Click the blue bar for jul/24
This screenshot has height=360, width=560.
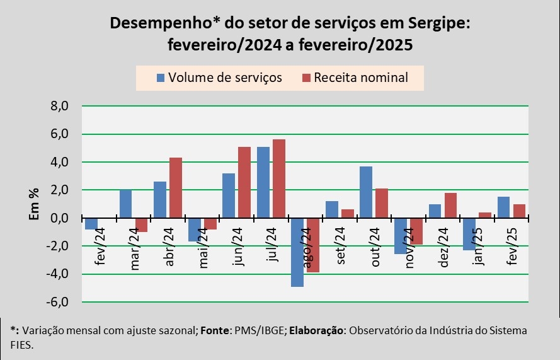tap(263, 183)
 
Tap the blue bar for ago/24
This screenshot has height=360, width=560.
tap(297, 252)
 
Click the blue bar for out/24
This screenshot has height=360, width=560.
tap(366, 192)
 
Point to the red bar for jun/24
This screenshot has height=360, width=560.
tap(244, 183)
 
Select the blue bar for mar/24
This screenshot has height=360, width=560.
tap(126, 204)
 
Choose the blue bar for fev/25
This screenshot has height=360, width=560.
tap(503, 207)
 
